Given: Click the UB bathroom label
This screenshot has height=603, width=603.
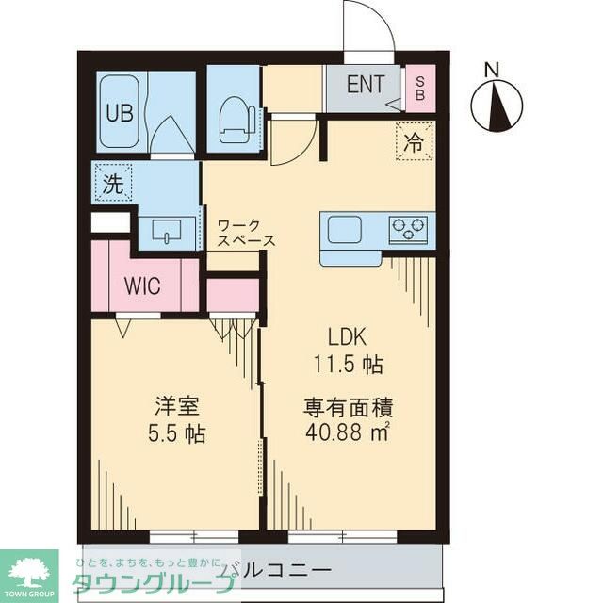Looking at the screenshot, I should click(120, 114).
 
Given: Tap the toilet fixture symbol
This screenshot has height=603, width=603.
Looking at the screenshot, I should click(236, 120).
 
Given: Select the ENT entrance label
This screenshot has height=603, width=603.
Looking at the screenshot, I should click(365, 84).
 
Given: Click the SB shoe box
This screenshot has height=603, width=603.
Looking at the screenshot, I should click(419, 88).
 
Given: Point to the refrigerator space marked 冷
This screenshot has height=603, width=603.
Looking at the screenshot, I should click(413, 143).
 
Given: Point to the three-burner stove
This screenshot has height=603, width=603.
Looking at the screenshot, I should click(408, 228).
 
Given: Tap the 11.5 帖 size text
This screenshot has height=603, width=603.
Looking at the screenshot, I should click(348, 364).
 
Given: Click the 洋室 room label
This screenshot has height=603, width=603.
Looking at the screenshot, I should click(176, 409).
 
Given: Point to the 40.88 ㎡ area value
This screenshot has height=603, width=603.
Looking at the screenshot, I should click(348, 433).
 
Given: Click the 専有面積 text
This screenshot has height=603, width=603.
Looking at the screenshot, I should click(348, 409).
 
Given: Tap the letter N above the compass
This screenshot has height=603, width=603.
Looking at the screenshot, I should click(490, 69).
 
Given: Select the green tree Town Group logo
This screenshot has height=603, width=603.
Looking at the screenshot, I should click(28, 570).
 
